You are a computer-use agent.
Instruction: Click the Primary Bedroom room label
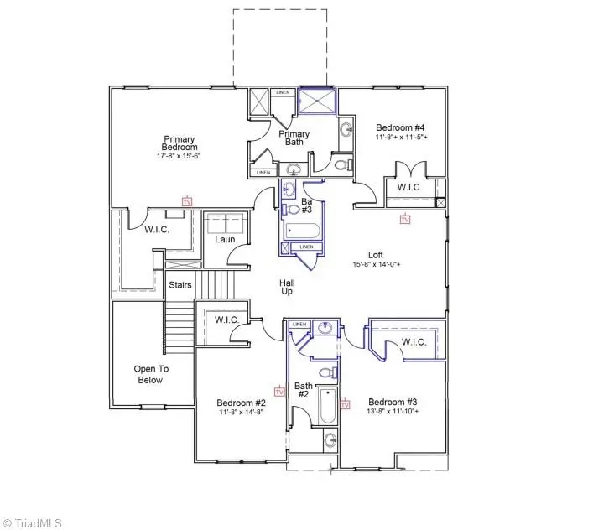(180, 143)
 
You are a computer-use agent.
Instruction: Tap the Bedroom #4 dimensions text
(401, 136)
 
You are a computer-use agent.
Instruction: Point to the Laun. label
(224, 240)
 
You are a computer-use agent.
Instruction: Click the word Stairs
(180, 285)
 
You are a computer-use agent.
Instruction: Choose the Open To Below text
(152, 374)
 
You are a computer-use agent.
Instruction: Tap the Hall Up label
(287, 289)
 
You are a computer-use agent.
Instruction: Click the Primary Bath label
(294, 138)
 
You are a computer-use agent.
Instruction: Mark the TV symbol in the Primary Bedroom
(186, 202)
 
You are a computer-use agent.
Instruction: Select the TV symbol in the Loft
(405, 219)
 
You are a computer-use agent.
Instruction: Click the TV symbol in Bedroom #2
(279, 391)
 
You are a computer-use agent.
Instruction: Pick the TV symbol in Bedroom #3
(345, 405)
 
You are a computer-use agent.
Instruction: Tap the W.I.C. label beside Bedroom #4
(408, 187)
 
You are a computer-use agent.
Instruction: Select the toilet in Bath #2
(328, 372)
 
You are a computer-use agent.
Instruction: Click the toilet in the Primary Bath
(341, 165)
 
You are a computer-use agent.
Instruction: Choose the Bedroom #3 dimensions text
(393, 412)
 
